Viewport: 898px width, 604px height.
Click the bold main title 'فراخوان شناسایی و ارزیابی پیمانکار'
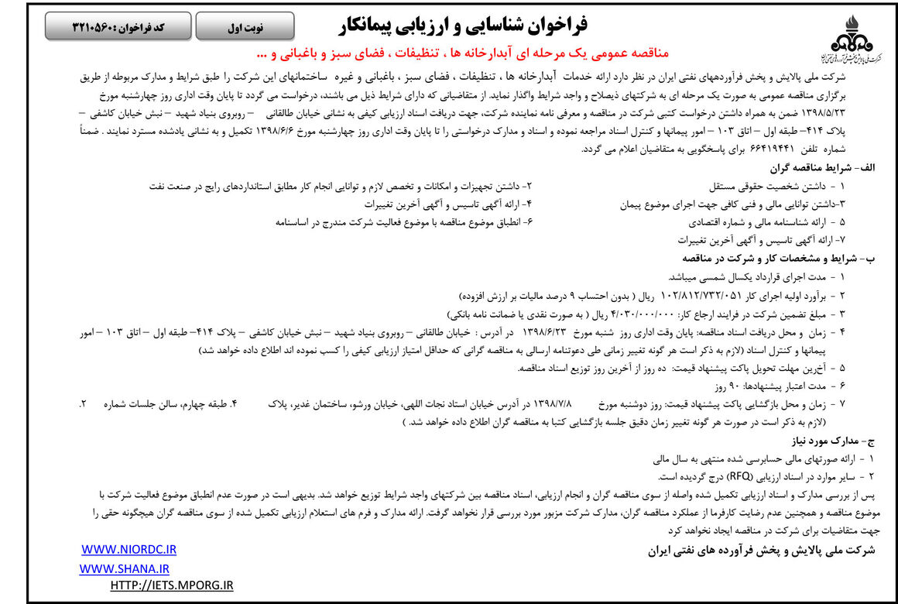[463, 26]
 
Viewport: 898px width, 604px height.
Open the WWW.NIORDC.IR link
[129, 550]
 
